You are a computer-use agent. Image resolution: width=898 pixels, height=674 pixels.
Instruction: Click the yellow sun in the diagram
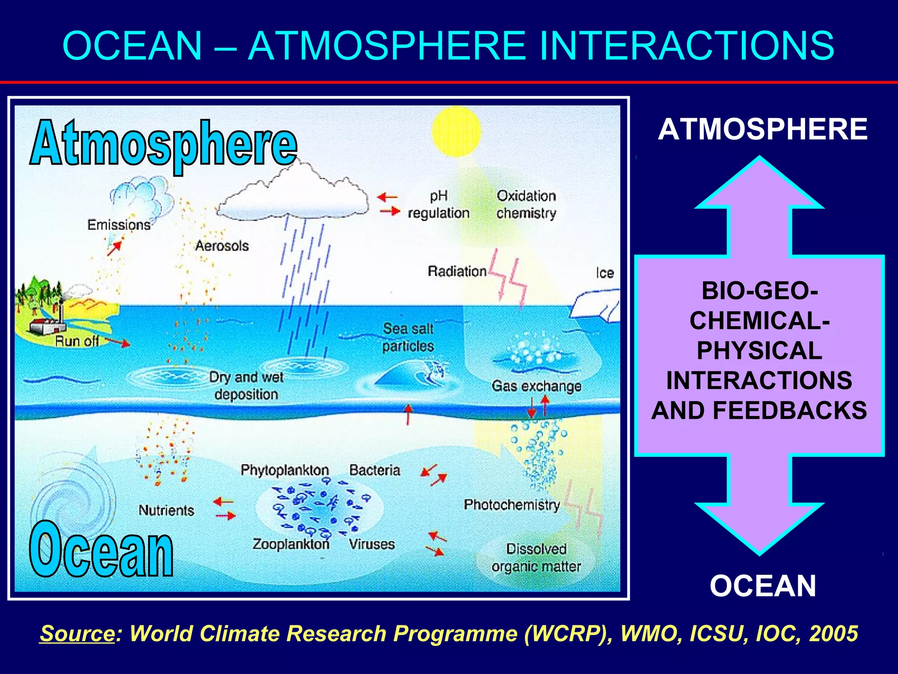pos(456,131)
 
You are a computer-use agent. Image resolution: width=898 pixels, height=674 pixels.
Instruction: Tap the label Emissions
pos(119,225)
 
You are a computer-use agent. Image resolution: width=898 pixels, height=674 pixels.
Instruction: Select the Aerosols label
pos(222,246)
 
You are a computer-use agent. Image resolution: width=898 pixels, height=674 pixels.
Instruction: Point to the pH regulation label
pos(438,204)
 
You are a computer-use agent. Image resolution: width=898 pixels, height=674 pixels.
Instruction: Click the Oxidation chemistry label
pos(526,204)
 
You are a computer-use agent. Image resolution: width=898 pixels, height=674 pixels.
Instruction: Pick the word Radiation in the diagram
pos(457,271)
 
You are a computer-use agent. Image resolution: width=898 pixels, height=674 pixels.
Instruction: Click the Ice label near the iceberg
pos(605,273)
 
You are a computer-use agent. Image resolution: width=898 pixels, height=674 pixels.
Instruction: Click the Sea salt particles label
pos(408,337)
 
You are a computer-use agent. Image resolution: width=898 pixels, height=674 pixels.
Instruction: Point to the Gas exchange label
pos(536,386)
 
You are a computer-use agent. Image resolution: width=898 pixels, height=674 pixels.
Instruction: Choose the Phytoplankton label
pos(285,470)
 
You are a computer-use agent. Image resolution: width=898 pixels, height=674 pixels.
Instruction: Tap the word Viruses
pos(372,544)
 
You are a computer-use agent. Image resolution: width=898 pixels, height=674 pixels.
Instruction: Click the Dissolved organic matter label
pos(536,558)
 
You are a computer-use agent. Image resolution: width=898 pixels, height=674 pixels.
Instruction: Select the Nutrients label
pos(166,510)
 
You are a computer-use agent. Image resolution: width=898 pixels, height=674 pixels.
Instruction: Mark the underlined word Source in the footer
pos(77,634)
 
